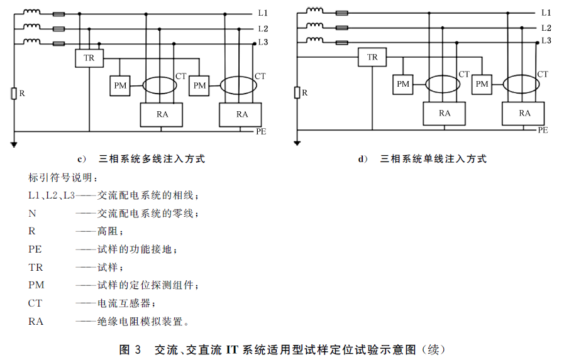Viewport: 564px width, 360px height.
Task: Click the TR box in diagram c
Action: [89, 58]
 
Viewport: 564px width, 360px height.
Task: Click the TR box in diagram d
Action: [372, 57]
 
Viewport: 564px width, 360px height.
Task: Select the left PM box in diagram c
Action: [120, 85]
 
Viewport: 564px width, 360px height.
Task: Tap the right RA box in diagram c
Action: [240, 114]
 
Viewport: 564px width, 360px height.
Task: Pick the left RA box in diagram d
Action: [445, 114]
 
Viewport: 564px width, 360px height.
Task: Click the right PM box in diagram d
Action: [482, 84]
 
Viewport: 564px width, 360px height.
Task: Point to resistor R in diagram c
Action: [14, 94]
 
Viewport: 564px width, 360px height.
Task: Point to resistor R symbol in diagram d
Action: [297, 93]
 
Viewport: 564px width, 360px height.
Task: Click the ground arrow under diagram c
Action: [14, 145]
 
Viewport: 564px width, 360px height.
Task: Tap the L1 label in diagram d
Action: [546, 13]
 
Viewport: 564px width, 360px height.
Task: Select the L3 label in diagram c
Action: [263, 42]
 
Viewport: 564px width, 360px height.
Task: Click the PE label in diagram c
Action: [261, 131]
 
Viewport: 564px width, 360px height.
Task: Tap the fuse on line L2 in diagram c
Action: [58, 29]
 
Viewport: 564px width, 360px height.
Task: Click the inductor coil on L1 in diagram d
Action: [315, 11]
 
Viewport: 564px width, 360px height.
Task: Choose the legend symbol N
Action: [32, 214]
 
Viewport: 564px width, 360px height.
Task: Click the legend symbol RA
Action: [36, 321]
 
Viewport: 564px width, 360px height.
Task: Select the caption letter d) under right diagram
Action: [363, 159]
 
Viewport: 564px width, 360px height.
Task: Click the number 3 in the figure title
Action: [138, 349]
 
